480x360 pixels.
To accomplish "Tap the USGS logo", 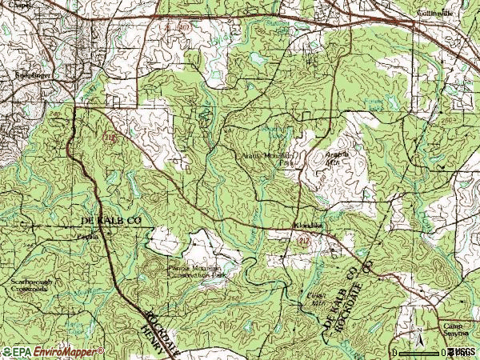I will click(461, 352).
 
